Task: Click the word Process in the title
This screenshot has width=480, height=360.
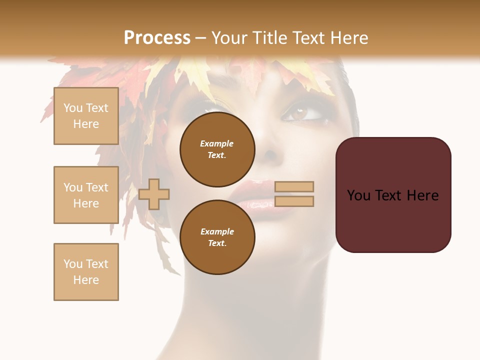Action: pos(157,38)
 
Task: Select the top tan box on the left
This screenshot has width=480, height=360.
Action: pos(86,116)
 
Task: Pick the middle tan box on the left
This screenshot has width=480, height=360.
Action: pos(86,195)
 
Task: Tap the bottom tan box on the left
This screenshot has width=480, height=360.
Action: pos(86,272)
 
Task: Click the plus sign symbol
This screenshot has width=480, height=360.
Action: pos(154,194)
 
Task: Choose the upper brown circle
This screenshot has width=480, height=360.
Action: pos(217,149)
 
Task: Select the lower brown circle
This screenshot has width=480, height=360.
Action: pos(217,237)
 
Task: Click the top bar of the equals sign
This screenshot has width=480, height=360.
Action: pos(294,186)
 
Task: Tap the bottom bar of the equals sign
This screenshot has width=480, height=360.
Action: pos(294,201)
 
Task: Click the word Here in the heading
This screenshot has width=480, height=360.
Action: pos(349,38)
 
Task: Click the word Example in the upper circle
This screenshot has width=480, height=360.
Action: pos(216,143)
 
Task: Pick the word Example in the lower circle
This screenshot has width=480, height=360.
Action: pos(217,231)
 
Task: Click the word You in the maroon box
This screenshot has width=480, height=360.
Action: pos(358,195)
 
